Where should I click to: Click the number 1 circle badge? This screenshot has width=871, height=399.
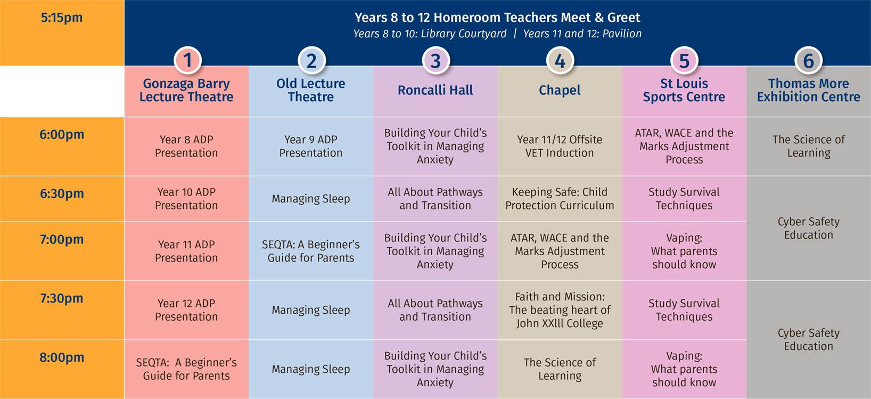[x=187, y=60]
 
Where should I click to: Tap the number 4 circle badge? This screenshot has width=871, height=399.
[x=560, y=60]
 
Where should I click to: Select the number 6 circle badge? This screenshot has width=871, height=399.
[x=808, y=60]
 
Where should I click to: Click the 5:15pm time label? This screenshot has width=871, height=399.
[x=62, y=18]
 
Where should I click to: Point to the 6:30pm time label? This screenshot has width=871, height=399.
[x=62, y=194]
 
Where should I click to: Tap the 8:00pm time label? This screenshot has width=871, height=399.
[x=62, y=357]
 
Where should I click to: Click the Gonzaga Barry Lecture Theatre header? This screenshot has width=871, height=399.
[x=186, y=90]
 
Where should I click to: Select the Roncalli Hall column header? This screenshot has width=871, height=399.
[x=435, y=90]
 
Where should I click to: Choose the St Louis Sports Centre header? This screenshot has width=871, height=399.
[x=684, y=90]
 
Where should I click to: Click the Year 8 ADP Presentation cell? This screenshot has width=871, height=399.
[x=186, y=146]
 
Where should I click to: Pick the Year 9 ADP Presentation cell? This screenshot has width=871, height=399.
[x=311, y=146]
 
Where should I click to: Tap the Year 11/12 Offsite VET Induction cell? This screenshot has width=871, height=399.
[x=560, y=146]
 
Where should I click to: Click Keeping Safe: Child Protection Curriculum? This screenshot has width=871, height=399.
[x=560, y=199]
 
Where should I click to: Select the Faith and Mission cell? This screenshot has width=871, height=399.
[x=560, y=310]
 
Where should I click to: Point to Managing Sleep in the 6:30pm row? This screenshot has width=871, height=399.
[x=311, y=199]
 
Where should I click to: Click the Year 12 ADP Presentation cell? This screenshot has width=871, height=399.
[x=186, y=310]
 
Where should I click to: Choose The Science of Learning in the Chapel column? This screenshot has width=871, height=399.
[x=560, y=369]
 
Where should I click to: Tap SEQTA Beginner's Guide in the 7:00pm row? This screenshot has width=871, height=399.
[x=311, y=251]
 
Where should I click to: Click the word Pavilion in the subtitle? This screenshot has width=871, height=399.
[x=622, y=34]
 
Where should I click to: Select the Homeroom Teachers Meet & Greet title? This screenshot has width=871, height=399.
[x=497, y=18]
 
